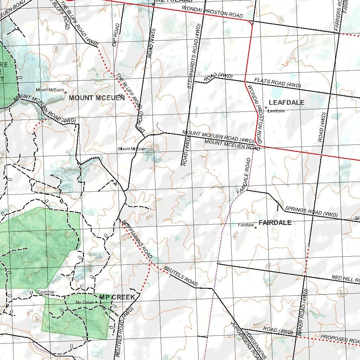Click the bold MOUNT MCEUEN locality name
(x=97, y=98)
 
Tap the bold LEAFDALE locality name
(x=287, y=103)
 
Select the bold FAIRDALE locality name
(x=275, y=223)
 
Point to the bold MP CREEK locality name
(x=117, y=297)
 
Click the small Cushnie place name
(x=46, y=292)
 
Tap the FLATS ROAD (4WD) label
(x=278, y=83)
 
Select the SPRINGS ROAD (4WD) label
(x=311, y=211)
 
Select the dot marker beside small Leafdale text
(x=266, y=108)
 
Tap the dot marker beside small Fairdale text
(x=256, y=228)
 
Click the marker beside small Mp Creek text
(x=96, y=302)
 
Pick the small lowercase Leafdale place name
(x=276, y=111)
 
